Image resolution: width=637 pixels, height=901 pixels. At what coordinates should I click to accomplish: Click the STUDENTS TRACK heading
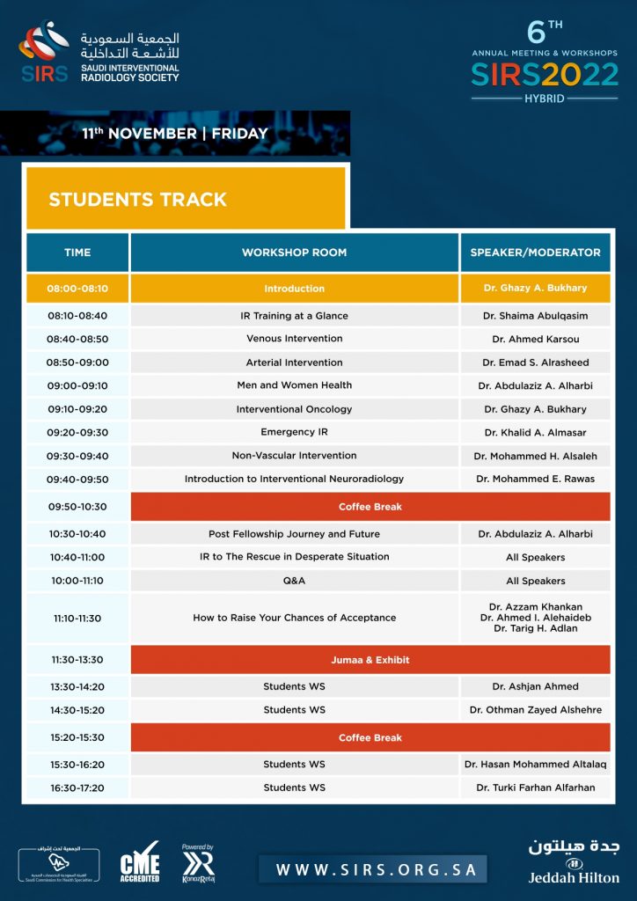click(x=138, y=200)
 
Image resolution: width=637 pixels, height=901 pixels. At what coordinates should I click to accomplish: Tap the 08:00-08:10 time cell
click(x=77, y=289)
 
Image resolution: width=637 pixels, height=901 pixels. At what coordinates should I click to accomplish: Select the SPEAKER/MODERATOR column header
click(x=535, y=253)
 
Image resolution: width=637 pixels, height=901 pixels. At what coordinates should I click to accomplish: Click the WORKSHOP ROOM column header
click(x=294, y=253)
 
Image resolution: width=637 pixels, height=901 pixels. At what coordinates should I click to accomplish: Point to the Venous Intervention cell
click(x=294, y=339)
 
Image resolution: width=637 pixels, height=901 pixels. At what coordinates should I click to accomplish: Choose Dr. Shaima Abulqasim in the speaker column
click(x=535, y=316)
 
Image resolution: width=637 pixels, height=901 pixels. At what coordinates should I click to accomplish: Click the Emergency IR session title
click(x=294, y=432)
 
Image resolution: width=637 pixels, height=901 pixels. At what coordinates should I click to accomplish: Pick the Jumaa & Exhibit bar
click(x=370, y=660)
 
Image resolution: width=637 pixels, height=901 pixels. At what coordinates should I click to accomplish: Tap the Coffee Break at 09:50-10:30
click(x=370, y=507)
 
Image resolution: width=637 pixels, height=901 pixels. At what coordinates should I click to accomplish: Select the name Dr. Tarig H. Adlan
click(x=535, y=628)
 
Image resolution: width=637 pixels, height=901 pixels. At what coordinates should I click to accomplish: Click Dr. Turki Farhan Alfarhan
click(x=535, y=787)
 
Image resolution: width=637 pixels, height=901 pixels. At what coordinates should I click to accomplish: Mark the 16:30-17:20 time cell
click(x=77, y=787)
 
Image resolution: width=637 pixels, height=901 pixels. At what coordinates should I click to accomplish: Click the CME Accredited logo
click(x=140, y=865)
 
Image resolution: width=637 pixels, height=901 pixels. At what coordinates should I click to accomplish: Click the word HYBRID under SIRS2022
click(x=545, y=99)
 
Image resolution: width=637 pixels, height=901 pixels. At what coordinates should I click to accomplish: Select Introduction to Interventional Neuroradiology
click(x=294, y=480)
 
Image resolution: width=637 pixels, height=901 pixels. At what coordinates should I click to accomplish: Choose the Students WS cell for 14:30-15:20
click(x=294, y=710)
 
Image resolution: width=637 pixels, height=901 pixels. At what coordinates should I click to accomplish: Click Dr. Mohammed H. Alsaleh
click(x=535, y=456)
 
